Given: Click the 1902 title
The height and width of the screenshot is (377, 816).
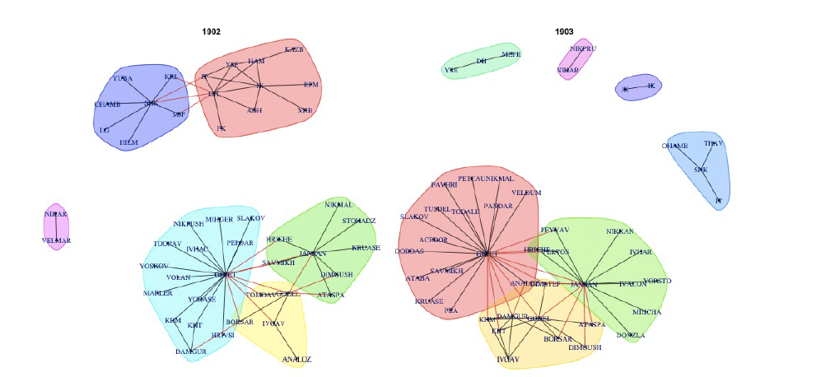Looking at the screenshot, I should [212, 31].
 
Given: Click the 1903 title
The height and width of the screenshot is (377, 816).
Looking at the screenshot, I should [564, 31].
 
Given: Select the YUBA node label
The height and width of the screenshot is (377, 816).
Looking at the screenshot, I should [123, 78].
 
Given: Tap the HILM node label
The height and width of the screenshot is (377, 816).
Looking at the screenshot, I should [128, 142].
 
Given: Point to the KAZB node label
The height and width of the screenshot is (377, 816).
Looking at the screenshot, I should [294, 49].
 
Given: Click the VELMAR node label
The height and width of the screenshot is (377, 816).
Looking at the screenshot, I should [56, 240].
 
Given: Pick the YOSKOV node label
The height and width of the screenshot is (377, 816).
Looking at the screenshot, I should [154, 266].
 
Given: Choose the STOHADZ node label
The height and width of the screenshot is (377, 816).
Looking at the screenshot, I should [358, 221].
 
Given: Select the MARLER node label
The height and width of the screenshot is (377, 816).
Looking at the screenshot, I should [157, 293].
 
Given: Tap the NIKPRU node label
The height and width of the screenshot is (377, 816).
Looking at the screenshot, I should [582, 49].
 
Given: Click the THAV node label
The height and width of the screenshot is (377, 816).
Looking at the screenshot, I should [713, 143].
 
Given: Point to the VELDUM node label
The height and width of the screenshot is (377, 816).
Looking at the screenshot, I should [526, 193].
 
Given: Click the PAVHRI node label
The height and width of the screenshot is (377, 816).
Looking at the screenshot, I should [445, 185].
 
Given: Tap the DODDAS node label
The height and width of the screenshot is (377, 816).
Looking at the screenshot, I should [409, 251].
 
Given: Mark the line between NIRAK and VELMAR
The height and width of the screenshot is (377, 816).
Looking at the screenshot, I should [56, 227].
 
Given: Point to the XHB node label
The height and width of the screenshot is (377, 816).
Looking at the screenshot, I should [305, 110].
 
